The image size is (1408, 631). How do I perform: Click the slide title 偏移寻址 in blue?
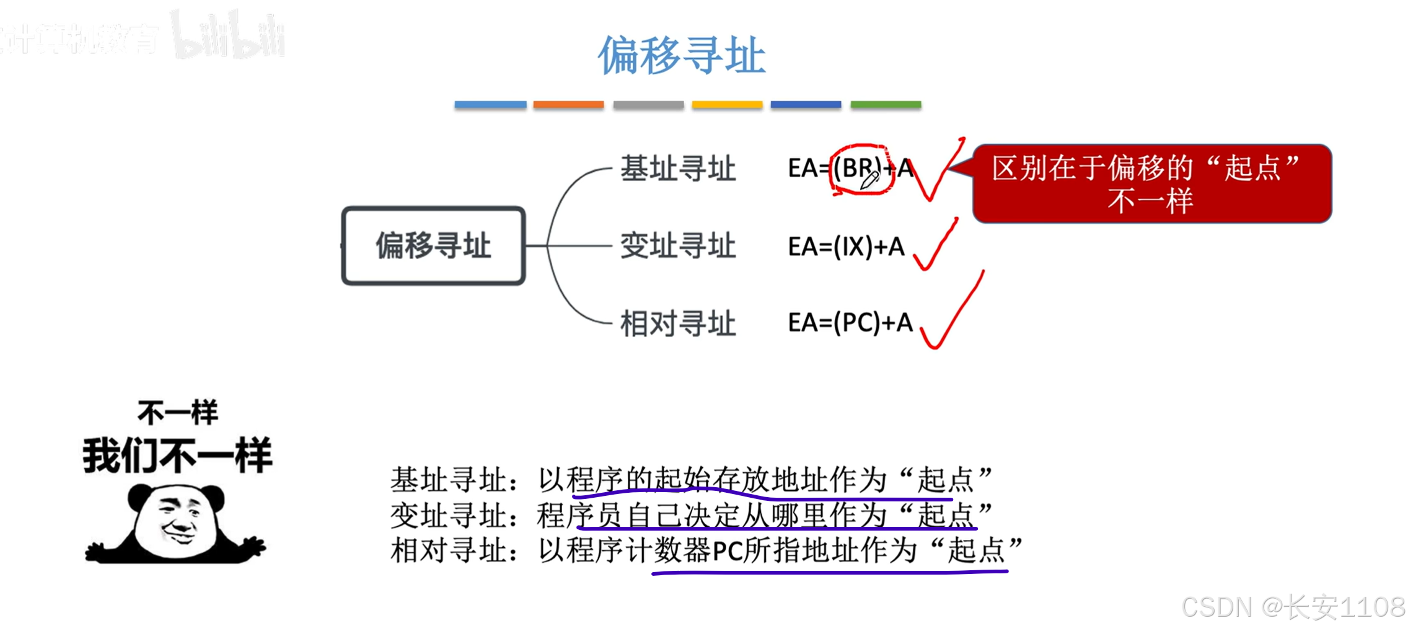(682, 56)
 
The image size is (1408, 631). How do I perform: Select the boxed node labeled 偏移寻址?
(433, 245)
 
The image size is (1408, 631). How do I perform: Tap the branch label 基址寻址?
(678, 169)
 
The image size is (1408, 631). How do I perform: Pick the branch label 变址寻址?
(678, 246)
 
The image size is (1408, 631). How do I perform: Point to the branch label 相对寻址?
(678, 324)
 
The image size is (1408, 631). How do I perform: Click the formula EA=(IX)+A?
(846, 247)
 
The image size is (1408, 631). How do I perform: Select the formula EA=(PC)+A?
(850, 323)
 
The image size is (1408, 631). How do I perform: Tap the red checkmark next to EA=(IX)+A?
(935, 245)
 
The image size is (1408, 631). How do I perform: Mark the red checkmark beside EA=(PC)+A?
(951, 313)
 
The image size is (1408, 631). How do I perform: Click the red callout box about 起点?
(1151, 183)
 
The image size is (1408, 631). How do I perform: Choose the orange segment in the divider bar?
(568, 105)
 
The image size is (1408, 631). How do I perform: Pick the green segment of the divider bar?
(886, 105)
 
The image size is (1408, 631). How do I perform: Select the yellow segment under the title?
(727, 105)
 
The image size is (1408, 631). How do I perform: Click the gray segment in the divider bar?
(648, 105)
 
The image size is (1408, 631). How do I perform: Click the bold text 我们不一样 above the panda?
(177, 456)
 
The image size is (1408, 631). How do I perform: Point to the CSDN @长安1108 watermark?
(1293, 607)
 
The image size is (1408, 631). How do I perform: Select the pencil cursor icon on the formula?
(869, 180)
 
